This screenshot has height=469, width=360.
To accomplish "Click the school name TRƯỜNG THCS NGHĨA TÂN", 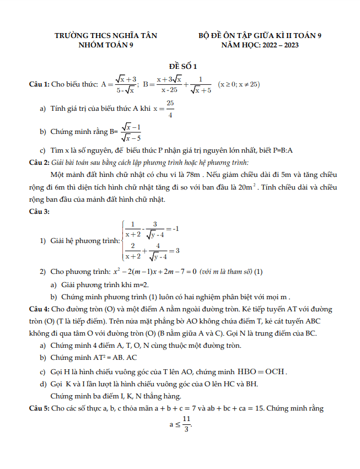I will tap(106, 36).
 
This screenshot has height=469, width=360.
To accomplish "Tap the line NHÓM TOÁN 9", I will tap(106, 45).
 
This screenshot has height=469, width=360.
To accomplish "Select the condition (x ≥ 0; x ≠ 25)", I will tap(239, 85).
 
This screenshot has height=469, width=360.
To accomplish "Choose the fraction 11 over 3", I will tap(187, 424).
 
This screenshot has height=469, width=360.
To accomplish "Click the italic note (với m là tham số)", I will tap(226, 272).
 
